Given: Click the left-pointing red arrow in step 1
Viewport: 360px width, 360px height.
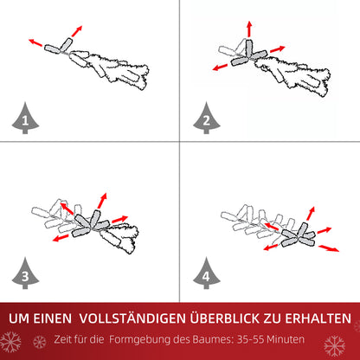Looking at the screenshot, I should coord(36,41).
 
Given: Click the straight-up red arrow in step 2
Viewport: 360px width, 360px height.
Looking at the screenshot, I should coord(250,29).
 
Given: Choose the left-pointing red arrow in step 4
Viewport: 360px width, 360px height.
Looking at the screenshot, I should coord(271,247).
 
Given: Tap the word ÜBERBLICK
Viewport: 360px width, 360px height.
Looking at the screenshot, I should coord(228,319).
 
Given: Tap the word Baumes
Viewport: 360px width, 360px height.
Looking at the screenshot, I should coord(204,339).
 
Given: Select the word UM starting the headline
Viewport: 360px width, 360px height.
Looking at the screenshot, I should coord(20,319).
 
